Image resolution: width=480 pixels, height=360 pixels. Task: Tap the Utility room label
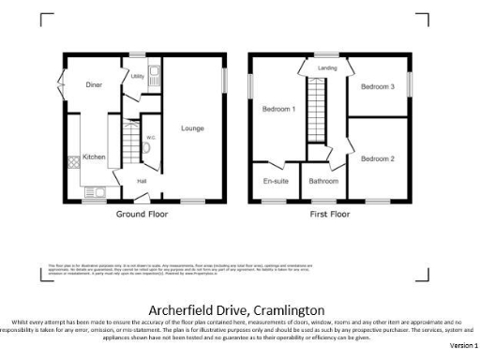click(x=137, y=77)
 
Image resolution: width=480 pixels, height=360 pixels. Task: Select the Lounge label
click(x=192, y=128)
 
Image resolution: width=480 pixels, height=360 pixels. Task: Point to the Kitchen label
click(x=94, y=157)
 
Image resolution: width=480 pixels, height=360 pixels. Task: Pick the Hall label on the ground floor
click(x=142, y=181)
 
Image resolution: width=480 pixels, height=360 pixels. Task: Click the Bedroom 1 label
click(x=278, y=110)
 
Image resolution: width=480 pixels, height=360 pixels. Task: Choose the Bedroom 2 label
click(x=378, y=158)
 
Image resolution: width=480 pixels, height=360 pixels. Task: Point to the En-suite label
click(x=276, y=180)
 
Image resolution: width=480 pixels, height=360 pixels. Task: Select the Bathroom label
click(x=323, y=180)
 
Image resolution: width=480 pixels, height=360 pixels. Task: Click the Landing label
click(x=327, y=68)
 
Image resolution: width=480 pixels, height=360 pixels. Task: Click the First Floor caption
click(x=329, y=215)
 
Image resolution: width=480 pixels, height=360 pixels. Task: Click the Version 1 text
click(x=462, y=346)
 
